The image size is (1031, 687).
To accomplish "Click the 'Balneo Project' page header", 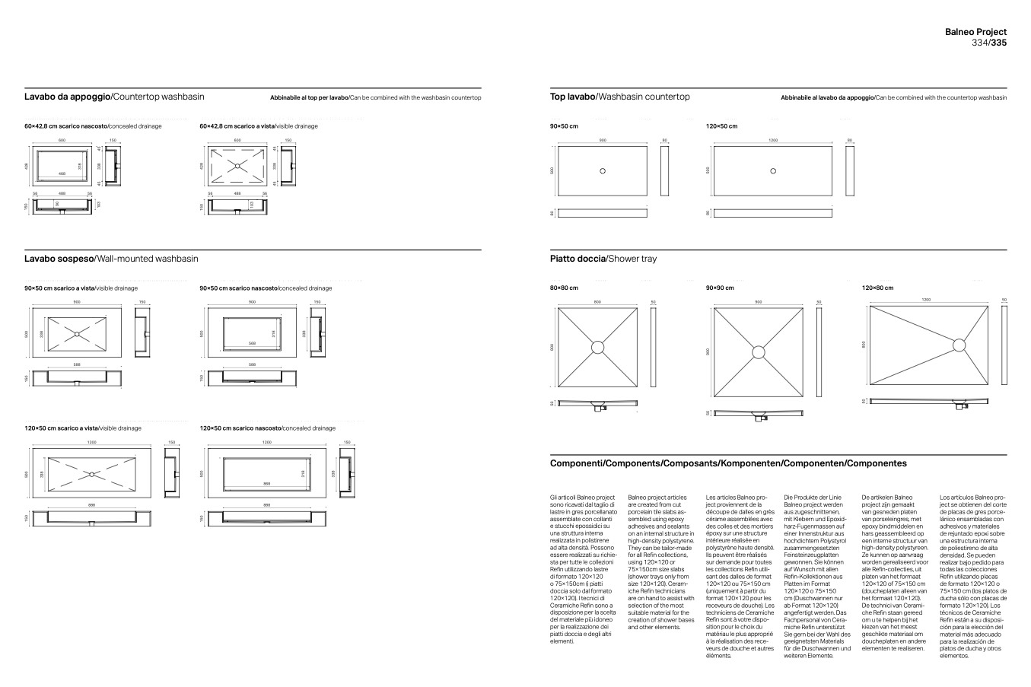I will (975, 32).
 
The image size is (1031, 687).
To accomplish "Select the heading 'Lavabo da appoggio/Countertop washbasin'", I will (114, 97).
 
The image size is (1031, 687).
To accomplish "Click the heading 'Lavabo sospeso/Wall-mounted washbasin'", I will (111, 259).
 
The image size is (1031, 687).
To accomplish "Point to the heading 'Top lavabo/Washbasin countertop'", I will (619, 97).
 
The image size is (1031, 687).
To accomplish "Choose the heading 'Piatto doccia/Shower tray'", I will (603, 259).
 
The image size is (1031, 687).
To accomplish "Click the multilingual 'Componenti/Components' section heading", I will (728, 463).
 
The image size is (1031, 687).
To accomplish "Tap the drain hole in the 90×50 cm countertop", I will (603, 170).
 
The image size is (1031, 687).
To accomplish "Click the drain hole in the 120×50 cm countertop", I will (773, 170).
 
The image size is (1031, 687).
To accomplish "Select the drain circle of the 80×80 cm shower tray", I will (597, 347).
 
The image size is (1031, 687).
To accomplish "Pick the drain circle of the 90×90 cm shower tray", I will (759, 352).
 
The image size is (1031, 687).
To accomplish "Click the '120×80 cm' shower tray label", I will (877, 288).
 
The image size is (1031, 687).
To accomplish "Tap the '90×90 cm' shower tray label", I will (720, 288).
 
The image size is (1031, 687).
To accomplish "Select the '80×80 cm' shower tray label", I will (564, 288).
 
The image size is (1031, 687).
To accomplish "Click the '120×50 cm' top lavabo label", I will (721, 126).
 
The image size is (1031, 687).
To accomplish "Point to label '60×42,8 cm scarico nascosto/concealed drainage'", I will (93, 126).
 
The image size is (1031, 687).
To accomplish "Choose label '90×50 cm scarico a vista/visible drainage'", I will (81, 288).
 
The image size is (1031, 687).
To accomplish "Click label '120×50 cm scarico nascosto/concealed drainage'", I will (267, 428).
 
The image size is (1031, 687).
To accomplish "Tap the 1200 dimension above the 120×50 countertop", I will (773, 141).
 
